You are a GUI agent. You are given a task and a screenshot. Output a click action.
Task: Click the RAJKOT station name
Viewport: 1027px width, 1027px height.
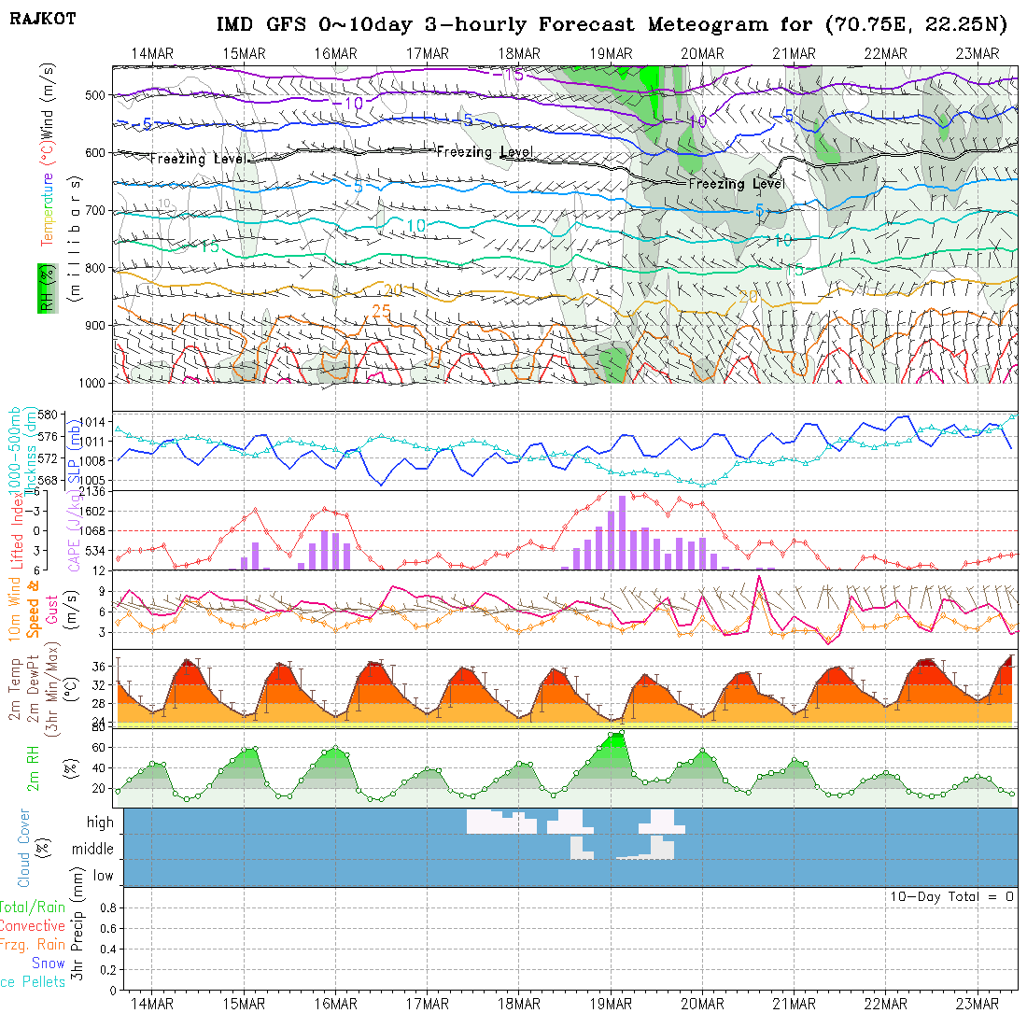[x=43, y=18]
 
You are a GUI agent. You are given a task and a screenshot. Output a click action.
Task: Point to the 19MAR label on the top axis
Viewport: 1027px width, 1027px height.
[x=611, y=53]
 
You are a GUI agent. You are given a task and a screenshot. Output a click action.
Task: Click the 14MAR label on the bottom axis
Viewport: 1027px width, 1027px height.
[x=151, y=1004]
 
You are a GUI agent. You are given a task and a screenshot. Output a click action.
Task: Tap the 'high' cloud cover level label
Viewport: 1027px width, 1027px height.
[x=100, y=823]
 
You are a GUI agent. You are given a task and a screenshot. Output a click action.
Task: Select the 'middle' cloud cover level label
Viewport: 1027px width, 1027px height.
[x=93, y=849]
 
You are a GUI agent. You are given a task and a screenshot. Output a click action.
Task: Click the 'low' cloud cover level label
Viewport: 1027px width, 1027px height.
[x=103, y=875]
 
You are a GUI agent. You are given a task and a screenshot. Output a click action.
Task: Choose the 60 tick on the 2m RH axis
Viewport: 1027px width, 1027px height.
[x=97, y=747]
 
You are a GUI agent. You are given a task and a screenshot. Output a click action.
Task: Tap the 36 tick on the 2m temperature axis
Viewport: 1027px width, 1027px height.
[x=97, y=665]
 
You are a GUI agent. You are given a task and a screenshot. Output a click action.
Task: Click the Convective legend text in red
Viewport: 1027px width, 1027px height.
[x=33, y=926]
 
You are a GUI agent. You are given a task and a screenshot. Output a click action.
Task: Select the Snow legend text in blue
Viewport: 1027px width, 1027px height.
[x=49, y=964]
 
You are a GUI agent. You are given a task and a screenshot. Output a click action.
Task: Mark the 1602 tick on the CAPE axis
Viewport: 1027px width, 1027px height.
[x=90, y=511]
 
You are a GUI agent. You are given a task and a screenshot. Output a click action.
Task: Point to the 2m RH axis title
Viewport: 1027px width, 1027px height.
[x=34, y=767]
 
